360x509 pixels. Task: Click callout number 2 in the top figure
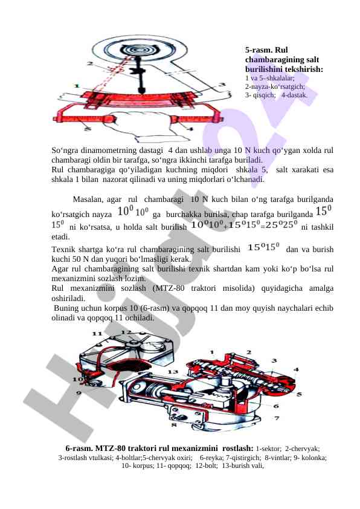click(x=89, y=63)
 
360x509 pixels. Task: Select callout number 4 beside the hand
click(x=191, y=129)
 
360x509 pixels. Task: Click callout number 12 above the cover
click(x=125, y=332)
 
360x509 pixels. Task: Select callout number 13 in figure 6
click(x=172, y=372)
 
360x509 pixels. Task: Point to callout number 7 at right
click(x=277, y=418)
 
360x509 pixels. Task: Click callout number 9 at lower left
click(x=79, y=394)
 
